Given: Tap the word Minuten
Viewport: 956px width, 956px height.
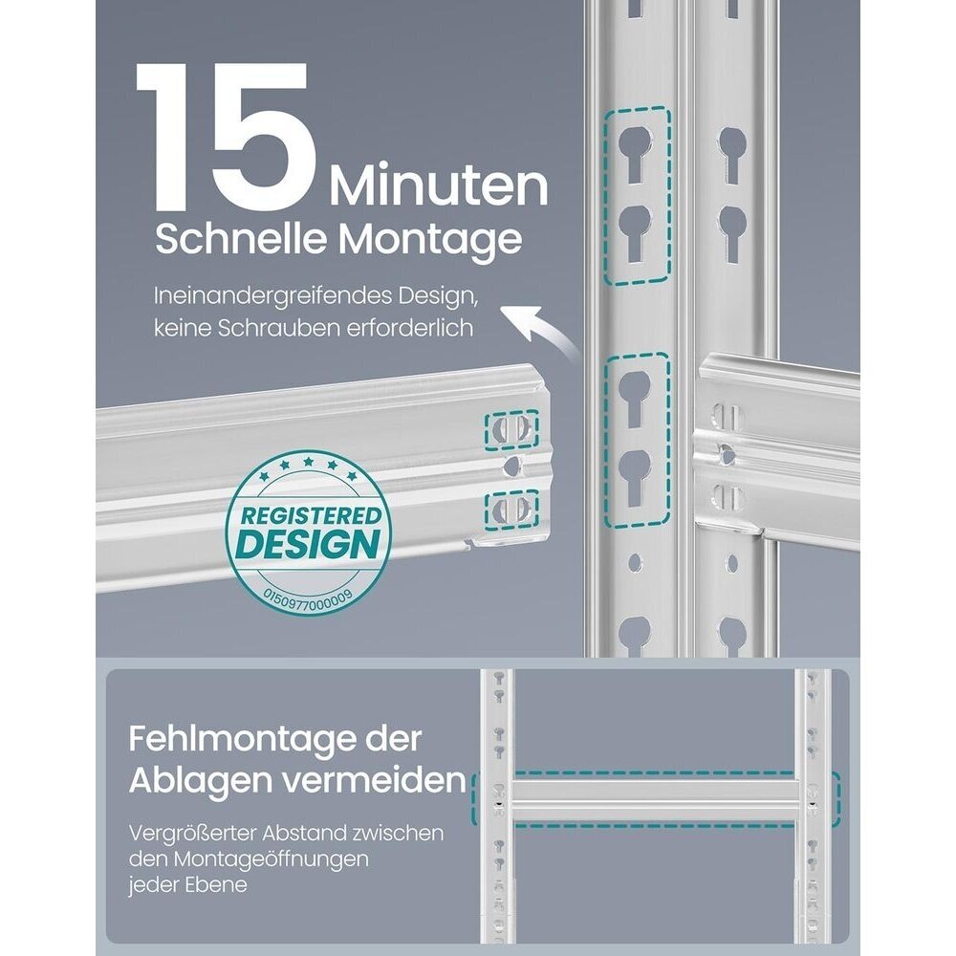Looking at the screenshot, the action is [x=439, y=186].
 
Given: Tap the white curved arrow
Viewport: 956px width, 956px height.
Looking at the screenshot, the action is [x=538, y=331].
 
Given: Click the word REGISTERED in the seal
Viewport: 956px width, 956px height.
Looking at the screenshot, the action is [x=311, y=516].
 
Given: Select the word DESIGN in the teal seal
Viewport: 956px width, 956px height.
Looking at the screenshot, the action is [x=307, y=545].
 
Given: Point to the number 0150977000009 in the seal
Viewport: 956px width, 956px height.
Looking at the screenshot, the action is [x=307, y=597].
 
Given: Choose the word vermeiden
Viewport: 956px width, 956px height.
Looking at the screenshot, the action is [x=375, y=780].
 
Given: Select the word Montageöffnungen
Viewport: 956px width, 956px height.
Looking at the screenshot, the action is [x=271, y=860].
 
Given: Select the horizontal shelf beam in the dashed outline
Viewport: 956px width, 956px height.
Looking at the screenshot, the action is [x=655, y=799].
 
